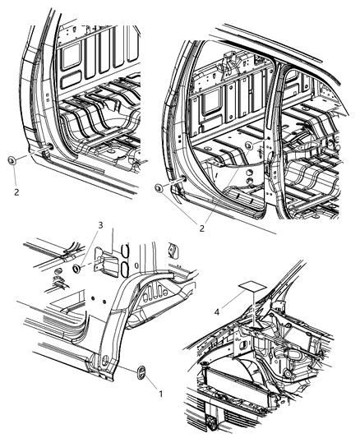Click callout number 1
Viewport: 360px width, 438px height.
click(x=159, y=393)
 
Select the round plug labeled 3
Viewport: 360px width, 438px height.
click(x=77, y=269)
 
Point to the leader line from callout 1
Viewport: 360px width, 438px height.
click(x=151, y=384)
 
